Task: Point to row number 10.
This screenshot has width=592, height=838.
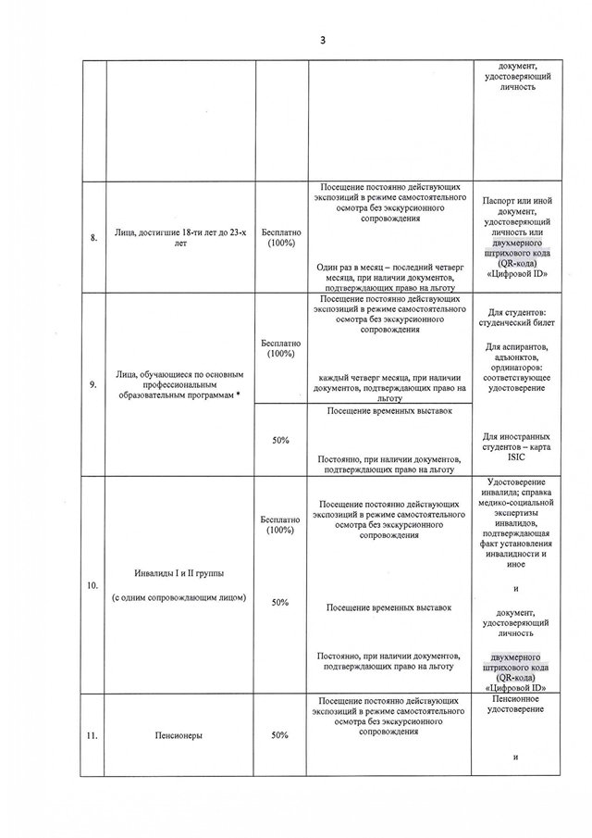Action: pyautogui.click(x=92, y=586)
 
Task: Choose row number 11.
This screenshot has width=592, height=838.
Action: pyautogui.click(x=92, y=737)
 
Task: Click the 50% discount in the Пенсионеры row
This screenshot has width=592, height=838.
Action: pyautogui.click(x=280, y=735)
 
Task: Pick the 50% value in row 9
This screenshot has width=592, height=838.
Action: pyautogui.click(x=280, y=441)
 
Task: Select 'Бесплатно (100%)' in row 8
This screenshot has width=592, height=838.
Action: pyautogui.click(x=280, y=237)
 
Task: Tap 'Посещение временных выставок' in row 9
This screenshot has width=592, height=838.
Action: pyautogui.click(x=389, y=411)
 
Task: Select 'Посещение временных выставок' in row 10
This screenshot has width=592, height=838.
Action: pyautogui.click(x=389, y=607)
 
